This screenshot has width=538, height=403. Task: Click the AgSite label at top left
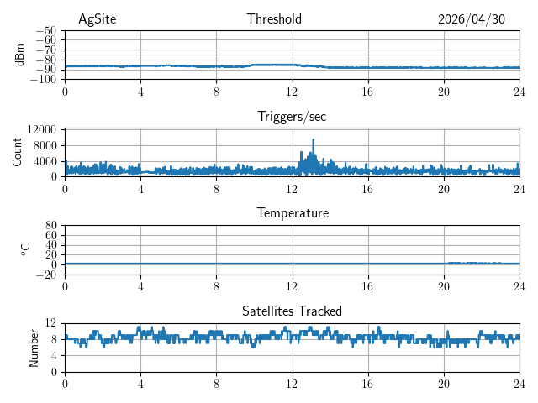pos(98,19)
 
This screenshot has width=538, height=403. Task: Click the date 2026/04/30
pos(472,19)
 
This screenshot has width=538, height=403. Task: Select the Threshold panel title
pos(274,18)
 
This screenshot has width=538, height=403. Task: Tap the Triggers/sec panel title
pos(292,117)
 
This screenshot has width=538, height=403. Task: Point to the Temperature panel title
pos(293,213)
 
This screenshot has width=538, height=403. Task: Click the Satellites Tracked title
pos(292,311)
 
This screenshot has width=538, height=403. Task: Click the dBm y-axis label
pos(20,55)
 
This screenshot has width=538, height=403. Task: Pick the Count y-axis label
pos(17,153)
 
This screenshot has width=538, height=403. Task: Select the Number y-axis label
pos(34,348)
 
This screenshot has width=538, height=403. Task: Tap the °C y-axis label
pos(25,250)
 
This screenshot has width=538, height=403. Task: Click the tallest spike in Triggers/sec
pos(314,140)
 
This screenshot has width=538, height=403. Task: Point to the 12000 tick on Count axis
pos(41,129)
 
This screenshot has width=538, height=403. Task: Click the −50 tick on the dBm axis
pos(46,31)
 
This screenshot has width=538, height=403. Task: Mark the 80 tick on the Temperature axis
pos(50,226)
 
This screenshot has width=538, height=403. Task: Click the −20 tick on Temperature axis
pos(46,275)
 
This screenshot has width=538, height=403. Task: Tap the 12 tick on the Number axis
pos(50,322)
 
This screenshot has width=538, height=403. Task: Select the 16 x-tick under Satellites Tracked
pos(367,384)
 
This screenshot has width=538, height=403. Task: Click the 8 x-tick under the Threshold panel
pos(216,92)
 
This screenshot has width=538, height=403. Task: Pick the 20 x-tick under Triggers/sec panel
pos(443,189)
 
